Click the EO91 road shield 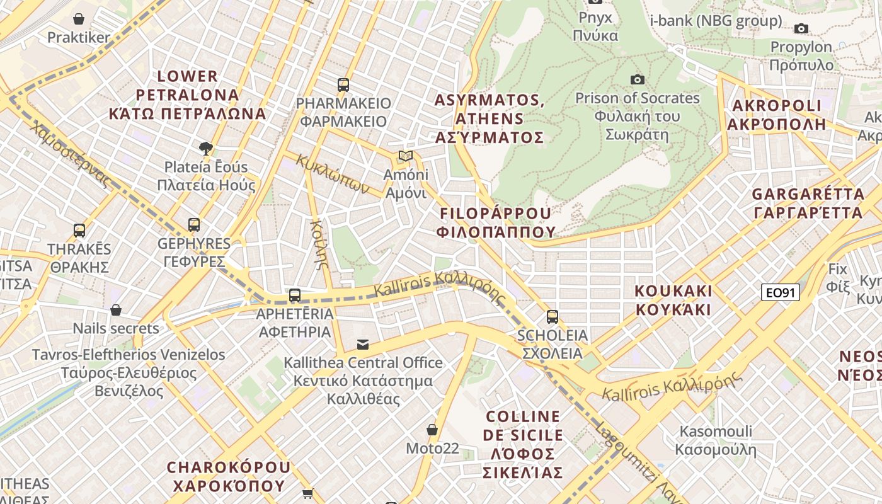click(x=780, y=292)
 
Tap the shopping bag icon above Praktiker click(x=79, y=19)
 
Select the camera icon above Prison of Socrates click(x=638, y=79)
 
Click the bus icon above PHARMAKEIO click(x=343, y=84)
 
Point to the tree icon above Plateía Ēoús click(x=205, y=149)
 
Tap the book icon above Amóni click(x=406, y=156)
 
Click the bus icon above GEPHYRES click(x=194, y=224)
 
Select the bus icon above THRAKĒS click(x=79, y=230)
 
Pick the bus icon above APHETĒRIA click(x=295, y=295)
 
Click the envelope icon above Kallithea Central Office click(x=363, y=344)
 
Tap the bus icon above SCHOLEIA click(x=553, y=316)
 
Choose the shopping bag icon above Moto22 click(x=432, y=430)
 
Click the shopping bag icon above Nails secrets click(x=116, y=310)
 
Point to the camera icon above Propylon click(x=801, y=28)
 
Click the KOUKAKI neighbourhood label click(x=673, y=301)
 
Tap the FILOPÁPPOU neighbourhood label click(x=496, y=222)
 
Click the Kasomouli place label click(x=716, y=440)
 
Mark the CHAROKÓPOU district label click(x=229, y=476)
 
